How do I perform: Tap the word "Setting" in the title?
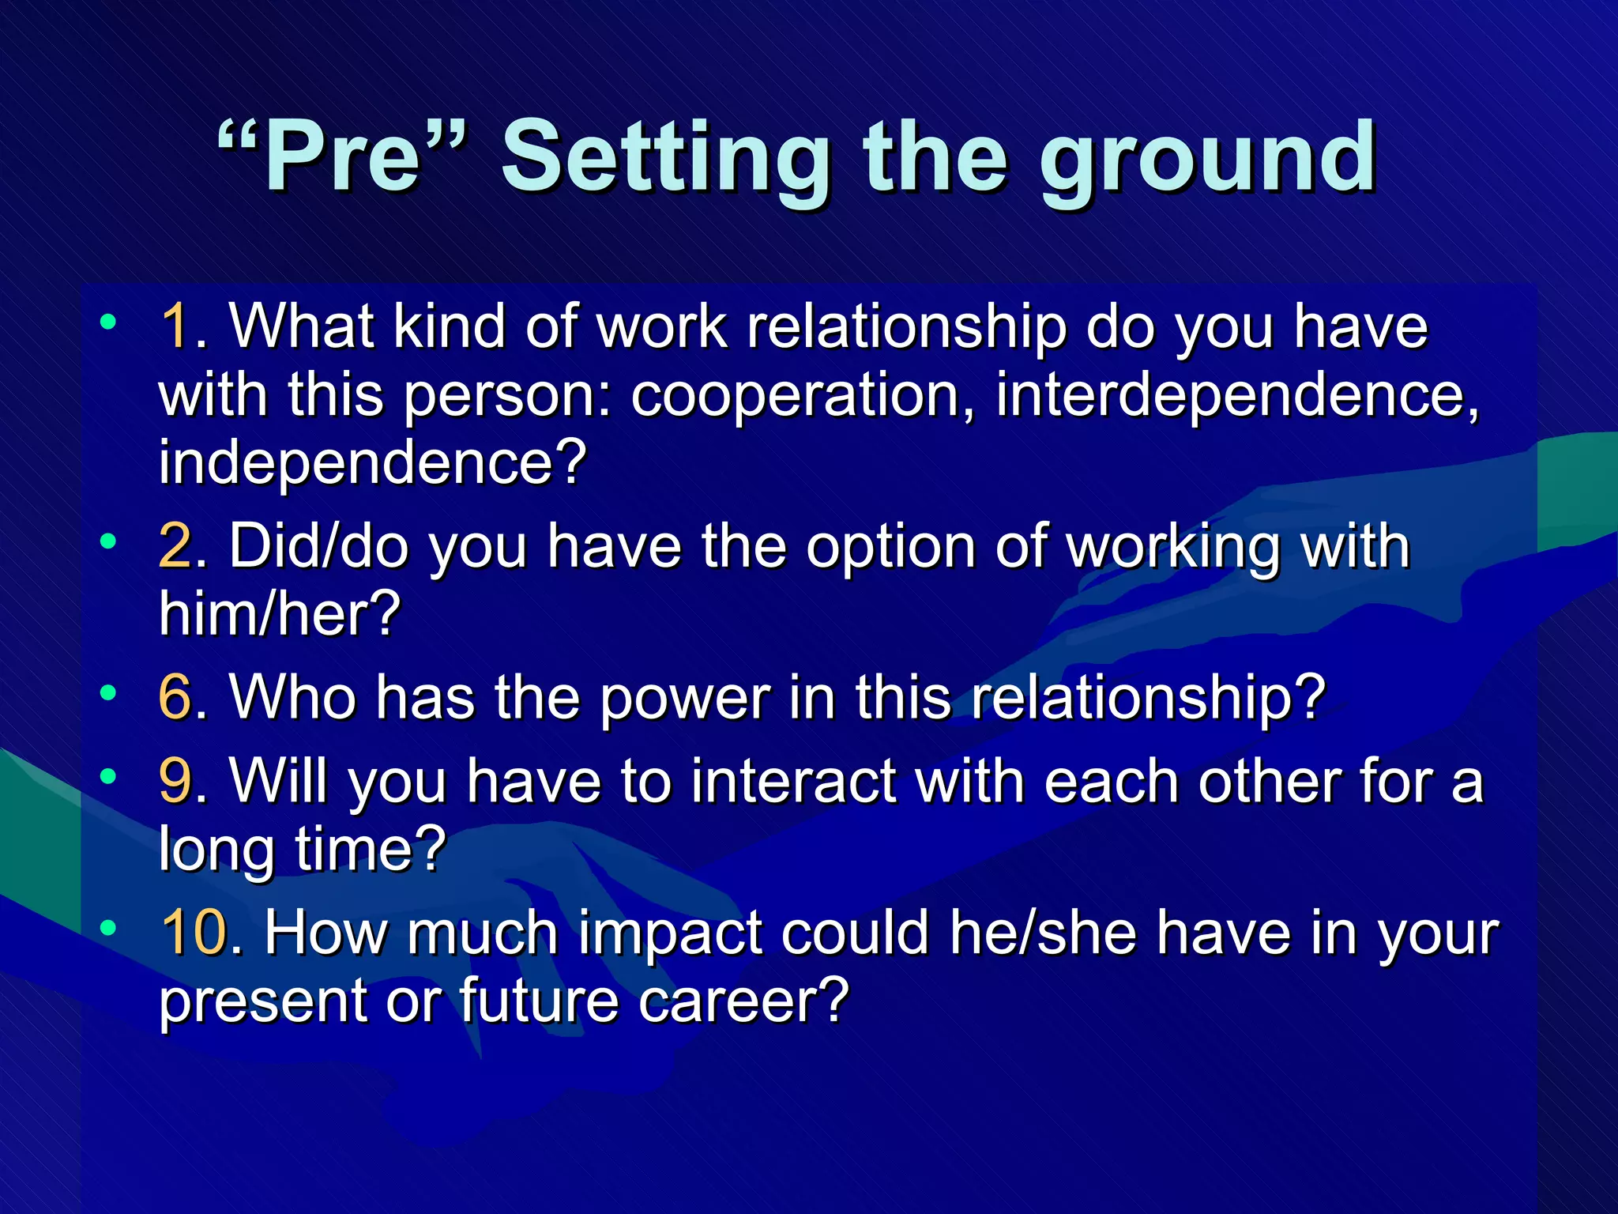(x=666, y=158)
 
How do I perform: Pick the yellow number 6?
(x=175, y=698)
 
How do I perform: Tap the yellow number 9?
(x=175, y=782)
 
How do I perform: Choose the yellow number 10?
(x=194, y=933)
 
